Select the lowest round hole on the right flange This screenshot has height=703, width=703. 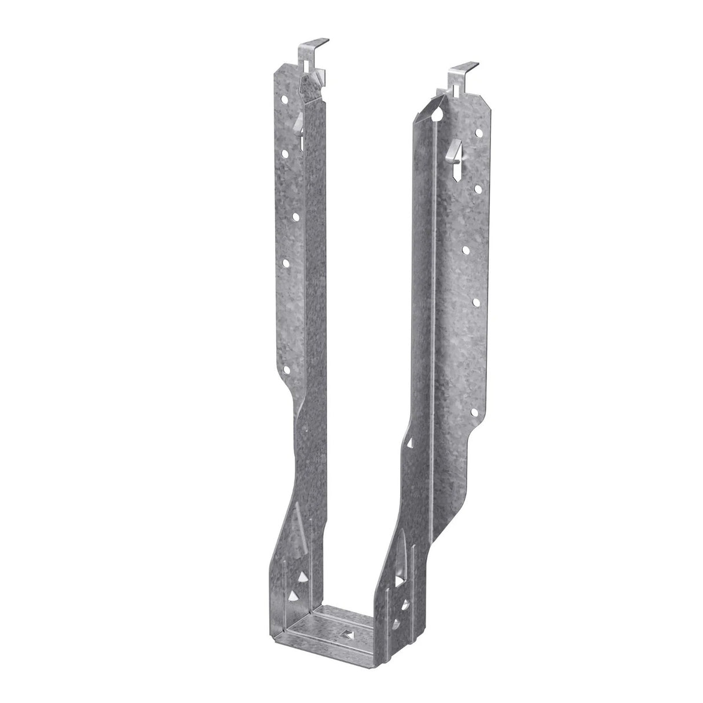[x=475, y=412]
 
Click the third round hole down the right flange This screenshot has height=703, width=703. [x=467, y=250]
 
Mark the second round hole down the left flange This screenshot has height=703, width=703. [x=285, y=153]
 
